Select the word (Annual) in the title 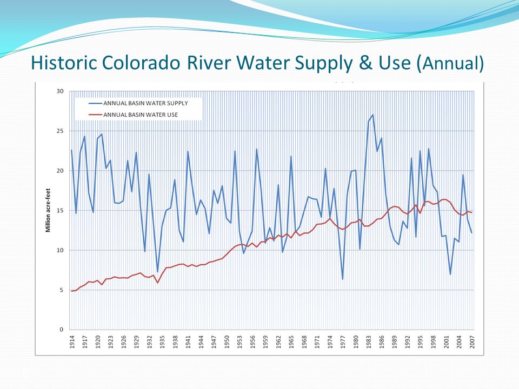pyautogui.click(x=450, y=64)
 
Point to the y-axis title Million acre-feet pyautogui.click(x=47, y=211)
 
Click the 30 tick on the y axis pyautogui.click(x=60, y=91)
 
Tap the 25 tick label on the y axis pyautogui.click(x=60, y=131)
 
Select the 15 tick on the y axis pyautogui.click(x=60, y=211)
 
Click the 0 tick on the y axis pyautogui.click(x=62, y=330)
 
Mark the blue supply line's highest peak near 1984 pyautogui.click(x=373, y=115)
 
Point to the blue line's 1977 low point pyautogui.click(x=343, y=279)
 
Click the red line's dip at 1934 pyautogui.click(x=157, y=283)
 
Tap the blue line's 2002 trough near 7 pyautogui.click(x=450, y=274)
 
